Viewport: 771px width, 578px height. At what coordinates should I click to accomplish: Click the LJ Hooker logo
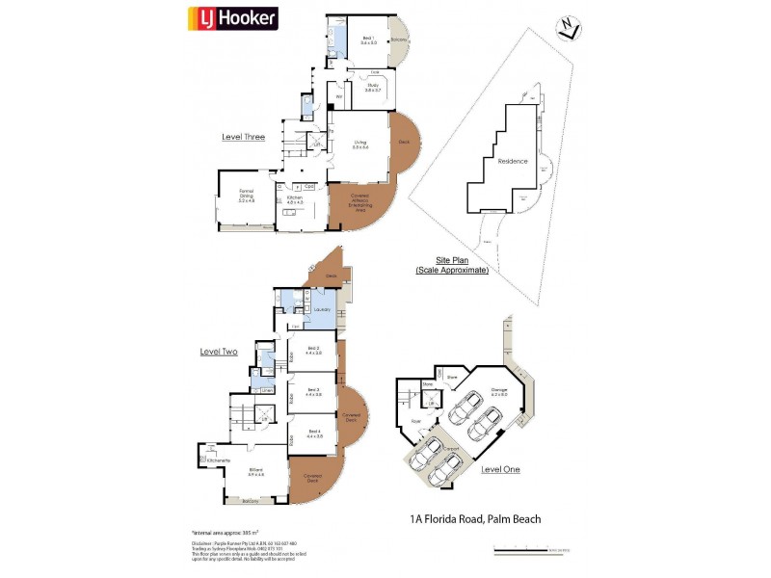231,18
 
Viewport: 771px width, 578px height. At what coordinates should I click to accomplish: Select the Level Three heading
243,137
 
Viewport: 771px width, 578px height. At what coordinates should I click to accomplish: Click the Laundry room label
322,309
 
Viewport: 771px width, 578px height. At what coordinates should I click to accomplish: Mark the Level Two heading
219,352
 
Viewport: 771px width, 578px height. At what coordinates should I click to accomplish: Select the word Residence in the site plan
512,161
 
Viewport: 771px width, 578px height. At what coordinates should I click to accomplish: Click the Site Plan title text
451,266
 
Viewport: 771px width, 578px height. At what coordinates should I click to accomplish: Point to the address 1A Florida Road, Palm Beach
475,519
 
